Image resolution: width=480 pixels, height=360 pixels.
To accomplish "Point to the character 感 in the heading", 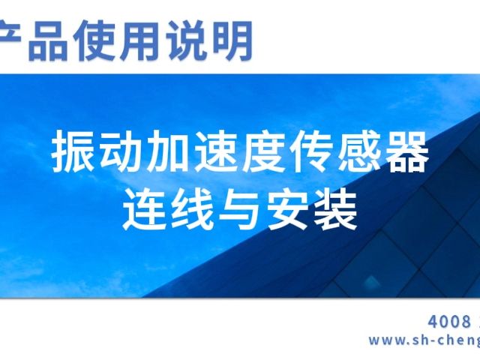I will tap(358, 152).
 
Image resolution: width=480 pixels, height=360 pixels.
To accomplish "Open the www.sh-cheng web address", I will tap(424, 340).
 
